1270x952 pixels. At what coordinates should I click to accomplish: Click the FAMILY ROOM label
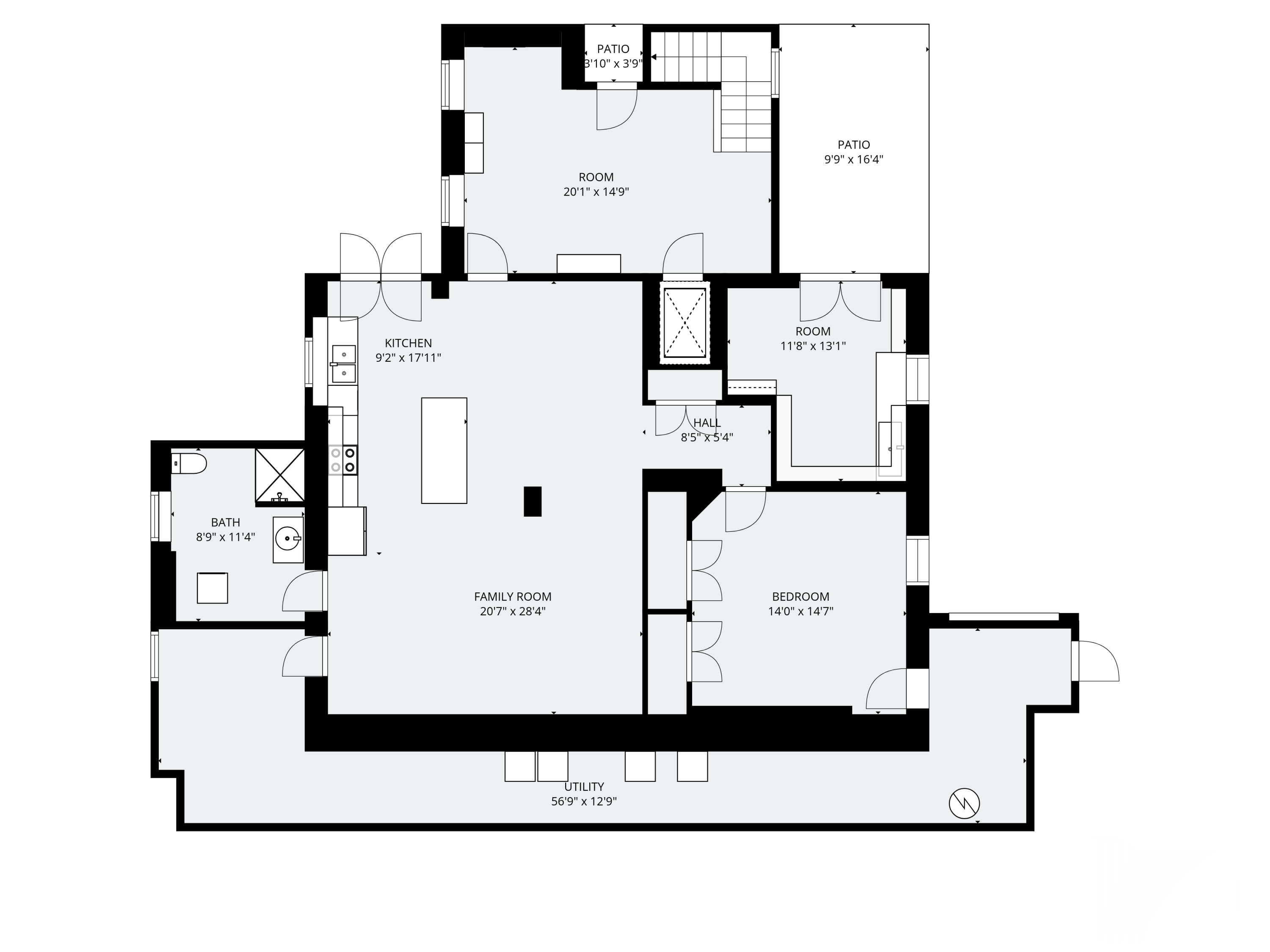(x=513, y=597)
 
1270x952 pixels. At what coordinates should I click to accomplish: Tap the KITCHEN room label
(x=408, y=343)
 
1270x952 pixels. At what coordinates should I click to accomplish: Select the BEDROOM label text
(x=801, y=597)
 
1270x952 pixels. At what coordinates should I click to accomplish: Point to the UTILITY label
(x=584, y=787)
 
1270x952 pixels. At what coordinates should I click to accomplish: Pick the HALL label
(x=707, y=423)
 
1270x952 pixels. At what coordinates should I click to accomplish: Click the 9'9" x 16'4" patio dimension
(x=854, y=160)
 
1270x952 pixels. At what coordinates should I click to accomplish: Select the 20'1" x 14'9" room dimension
(x=596, y=192)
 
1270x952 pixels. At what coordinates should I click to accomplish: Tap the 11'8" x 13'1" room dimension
(x=813, y=346)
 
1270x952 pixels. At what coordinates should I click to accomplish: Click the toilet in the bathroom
(x=189, y=463)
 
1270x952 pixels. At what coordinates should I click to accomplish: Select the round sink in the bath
(x=287, y=539)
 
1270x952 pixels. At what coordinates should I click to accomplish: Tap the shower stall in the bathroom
(x=279, y=475)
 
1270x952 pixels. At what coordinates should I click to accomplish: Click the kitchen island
(x=444, y=451)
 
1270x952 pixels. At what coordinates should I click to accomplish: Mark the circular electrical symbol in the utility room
(x=964, y=803)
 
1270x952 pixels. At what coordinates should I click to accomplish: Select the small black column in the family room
(x=532, y=501)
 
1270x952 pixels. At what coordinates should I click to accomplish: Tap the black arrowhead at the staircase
(x=653, y=57)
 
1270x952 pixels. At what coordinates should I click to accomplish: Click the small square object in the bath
(x=213, y=588)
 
